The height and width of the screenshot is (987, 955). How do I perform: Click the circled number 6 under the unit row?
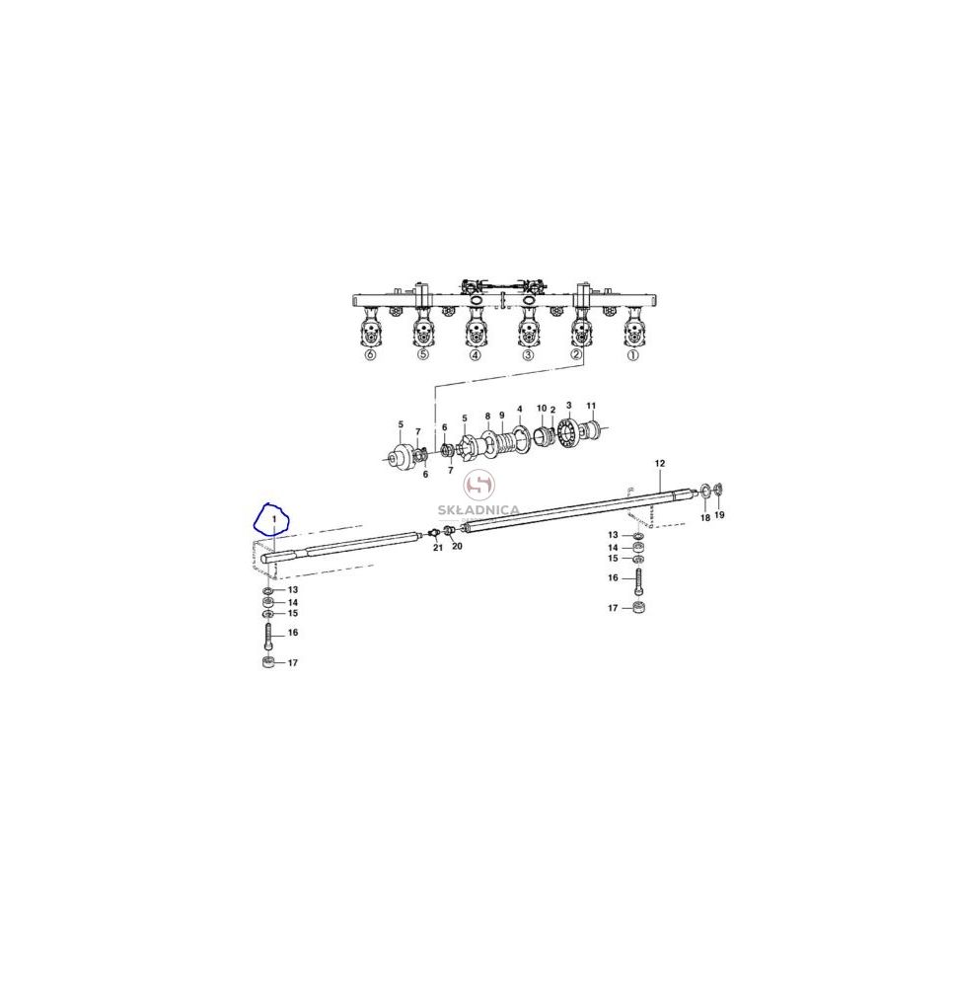pyautogui.click(x=370, y=355)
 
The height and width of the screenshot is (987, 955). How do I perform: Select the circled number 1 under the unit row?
pyautogui.click(x=633, y=355)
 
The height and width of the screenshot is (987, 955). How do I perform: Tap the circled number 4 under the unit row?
pyautogui.click(x=475, y=355)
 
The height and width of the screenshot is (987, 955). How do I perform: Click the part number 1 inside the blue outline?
pyautogui.click(x=274, y=518)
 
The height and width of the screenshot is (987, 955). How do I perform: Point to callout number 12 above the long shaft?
pyautogui.click(x=659, y=463)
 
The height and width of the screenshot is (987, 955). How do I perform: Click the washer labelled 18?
pyautogui.click(x=705, y=490)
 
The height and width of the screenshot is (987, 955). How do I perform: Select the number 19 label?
pyautogui.click(x=720, y=515)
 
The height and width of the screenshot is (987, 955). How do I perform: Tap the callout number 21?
pyautogui.click(x=438, y=548)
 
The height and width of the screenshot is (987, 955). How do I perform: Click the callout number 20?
pyautogui.click(x=458, y=546)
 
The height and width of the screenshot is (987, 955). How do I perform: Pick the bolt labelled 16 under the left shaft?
pyautogui.click(x=268, y=637)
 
